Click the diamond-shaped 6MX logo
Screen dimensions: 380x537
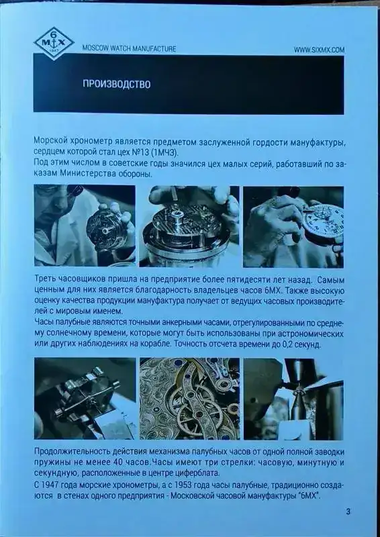[54, 44]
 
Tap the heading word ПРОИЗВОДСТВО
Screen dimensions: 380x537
[117, 85]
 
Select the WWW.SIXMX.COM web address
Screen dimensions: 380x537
[319, 50]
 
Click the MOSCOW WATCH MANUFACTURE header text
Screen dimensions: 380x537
[129, 49]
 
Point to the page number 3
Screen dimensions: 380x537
[348, 512]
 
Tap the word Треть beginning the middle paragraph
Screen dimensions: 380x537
[44, 280]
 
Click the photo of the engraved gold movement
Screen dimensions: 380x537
[189, 399]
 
